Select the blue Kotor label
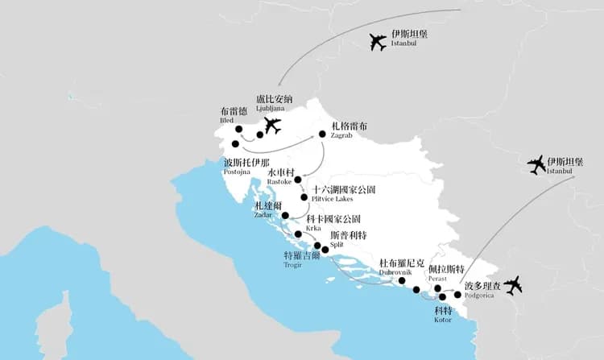(x=444, y=313)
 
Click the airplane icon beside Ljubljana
(x=272, y=126)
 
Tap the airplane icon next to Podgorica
(x=512, y=285)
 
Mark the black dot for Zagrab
(x=322, y=134)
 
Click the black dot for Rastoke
(x=298, y=180)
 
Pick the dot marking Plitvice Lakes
(x=304, y=197)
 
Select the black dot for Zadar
(x=285, y=215)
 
